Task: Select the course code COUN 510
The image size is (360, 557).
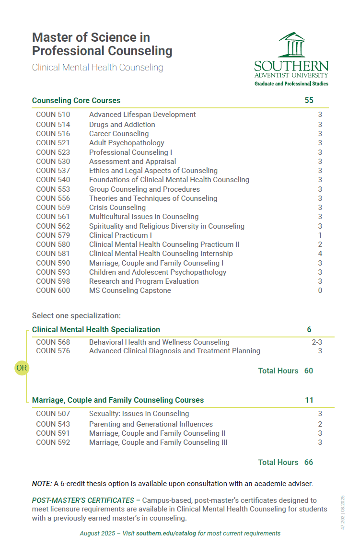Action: [x=53, y=115]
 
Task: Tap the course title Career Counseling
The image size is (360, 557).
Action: [x=119, y=134]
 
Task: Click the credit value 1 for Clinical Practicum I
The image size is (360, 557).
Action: [x=320, y=235]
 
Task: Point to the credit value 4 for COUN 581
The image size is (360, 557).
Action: [x=320, y=254]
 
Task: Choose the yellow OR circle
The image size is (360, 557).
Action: [x=22, y=368]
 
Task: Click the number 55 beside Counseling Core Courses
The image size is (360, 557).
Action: [x=309, y=100]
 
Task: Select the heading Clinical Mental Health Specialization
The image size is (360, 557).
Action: [x=96, y=330]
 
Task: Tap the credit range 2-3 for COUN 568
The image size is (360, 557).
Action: [x=317, y=342]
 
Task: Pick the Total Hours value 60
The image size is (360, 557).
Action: [x=309, y=371]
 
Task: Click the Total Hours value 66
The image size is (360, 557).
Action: [x=309, y=462]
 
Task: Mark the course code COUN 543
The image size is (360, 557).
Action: [x=53, y=424]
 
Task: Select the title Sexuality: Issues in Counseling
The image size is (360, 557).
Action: [x=139, y=414]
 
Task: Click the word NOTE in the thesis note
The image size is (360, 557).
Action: [x=42, y=484]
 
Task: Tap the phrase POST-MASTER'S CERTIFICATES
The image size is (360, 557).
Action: [x=83, y=500]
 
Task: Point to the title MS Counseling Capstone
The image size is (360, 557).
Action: [x=130, y=290]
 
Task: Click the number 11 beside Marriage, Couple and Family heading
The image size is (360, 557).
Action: [x=309, y=400]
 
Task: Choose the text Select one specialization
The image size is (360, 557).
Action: [x=76, y=315]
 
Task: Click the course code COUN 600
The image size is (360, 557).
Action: [x=53, y=290]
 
